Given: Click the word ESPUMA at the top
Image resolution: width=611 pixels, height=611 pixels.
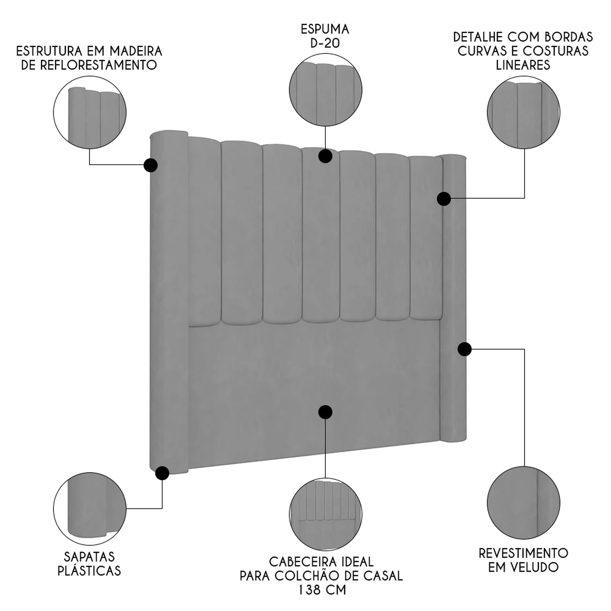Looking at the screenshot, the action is [325, 29].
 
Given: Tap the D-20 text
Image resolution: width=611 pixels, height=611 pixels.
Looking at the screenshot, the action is [325, 43].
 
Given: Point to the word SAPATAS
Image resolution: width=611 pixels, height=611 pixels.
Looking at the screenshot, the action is [89, 556].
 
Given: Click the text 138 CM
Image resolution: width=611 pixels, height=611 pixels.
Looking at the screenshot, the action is [322, 589].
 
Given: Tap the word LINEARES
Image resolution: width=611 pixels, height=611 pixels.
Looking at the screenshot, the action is [523, 65].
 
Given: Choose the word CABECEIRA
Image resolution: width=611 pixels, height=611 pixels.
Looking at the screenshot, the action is [299, 562].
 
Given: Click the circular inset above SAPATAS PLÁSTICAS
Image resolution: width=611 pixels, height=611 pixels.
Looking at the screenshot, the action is [90, 509].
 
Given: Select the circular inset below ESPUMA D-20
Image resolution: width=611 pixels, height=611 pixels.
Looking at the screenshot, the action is [325, 90].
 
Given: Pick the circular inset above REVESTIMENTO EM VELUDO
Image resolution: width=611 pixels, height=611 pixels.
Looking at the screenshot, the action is [523, 503].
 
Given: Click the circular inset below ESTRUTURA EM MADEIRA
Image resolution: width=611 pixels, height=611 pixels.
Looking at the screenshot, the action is [90, 112].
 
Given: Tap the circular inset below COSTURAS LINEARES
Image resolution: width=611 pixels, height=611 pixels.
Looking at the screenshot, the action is [523, 112].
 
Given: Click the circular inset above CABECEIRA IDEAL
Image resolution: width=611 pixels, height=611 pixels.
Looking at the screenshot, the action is [325, 514].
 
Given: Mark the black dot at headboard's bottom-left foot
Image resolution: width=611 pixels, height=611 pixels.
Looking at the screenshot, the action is [162, 473].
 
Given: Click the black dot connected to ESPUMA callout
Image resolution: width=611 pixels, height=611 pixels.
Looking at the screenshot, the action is [325, 156].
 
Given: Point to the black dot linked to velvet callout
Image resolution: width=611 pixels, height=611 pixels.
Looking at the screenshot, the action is [464, 349].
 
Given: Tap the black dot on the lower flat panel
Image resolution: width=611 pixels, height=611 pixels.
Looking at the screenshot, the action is [325, 412].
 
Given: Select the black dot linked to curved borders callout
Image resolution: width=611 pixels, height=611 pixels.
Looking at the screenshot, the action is [444, 199].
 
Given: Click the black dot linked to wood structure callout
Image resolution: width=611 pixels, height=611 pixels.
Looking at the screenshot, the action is [151, 165].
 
